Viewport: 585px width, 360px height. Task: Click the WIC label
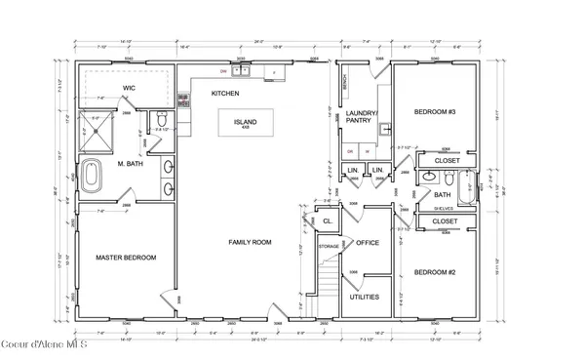(128, 89)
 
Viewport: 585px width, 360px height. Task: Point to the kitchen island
(245, 124)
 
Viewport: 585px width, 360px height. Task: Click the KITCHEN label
(226, 93)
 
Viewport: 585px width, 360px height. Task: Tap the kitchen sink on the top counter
(242, 71)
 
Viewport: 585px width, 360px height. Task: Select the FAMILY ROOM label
(250, 241)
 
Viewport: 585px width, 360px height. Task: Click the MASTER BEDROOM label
(126, 258)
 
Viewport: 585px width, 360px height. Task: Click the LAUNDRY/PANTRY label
(361, 118)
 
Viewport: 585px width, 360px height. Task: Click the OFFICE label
(368, 242)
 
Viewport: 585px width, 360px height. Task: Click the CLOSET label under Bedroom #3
(447, 160)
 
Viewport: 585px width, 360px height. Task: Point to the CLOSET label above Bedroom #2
(447, 221)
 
